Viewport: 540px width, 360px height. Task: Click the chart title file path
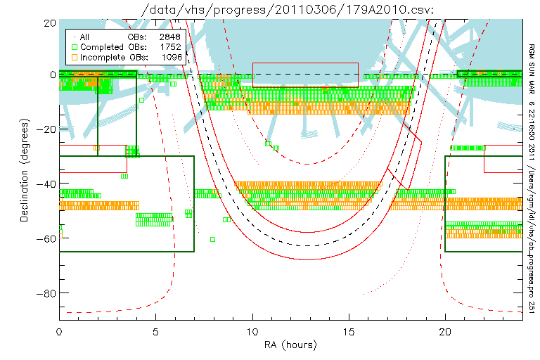pos(288,10)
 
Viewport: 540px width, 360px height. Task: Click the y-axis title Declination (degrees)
pos(24,170)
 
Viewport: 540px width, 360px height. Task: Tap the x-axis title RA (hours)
pos(290,345)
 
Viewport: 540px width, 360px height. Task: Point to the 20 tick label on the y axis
pos(50,23)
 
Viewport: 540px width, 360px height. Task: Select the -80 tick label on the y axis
pos(46,293)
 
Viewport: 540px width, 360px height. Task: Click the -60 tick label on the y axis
pos(46,239)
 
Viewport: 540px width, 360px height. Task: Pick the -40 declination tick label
pos(46,184)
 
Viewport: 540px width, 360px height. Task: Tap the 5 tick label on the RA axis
pos(155,332)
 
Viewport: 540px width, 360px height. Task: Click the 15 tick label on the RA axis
pos(349,332)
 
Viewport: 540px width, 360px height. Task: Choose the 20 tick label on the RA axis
pos(445,332)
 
